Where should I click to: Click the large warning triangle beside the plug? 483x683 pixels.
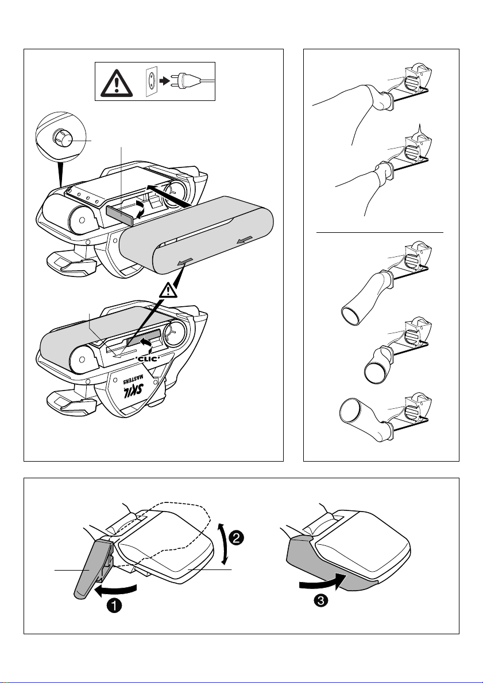[117, 82]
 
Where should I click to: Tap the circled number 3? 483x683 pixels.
[320, 601]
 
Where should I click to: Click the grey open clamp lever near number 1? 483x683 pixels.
[92, 568]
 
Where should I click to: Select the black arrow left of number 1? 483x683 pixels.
[115, 590]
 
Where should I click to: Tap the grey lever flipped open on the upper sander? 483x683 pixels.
[119, 215]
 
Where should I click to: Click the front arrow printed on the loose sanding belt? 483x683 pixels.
[184, 261]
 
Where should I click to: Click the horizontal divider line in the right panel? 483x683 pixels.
[380, 233]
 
